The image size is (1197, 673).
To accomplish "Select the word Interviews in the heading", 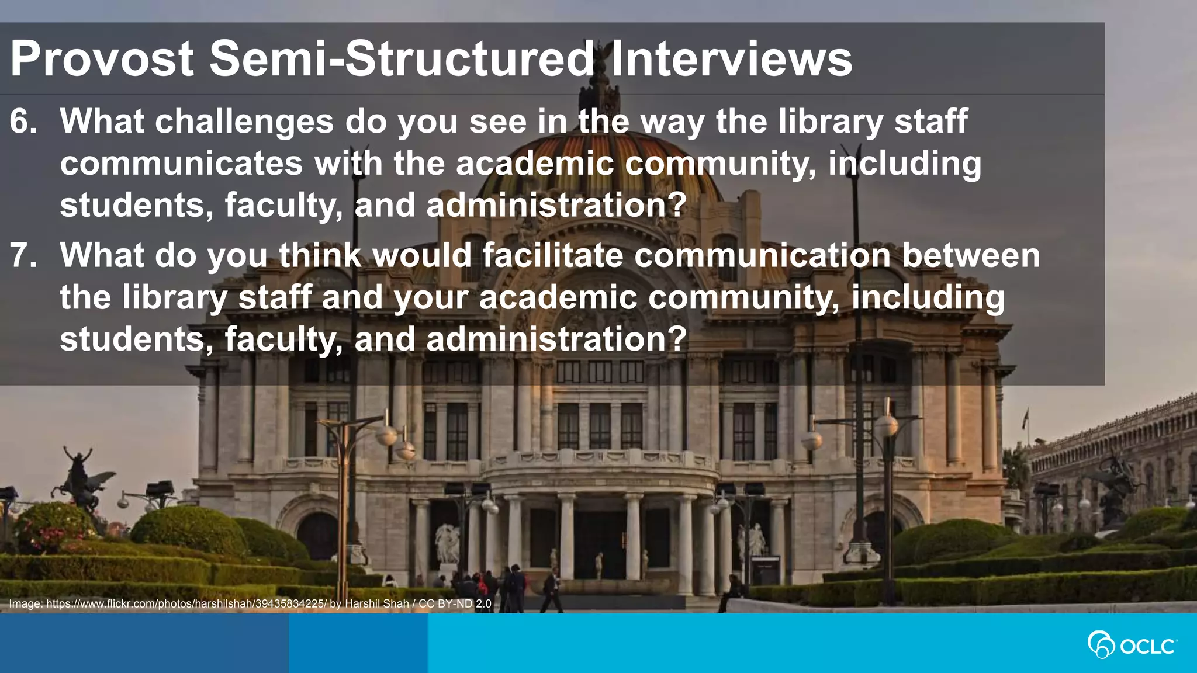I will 731,58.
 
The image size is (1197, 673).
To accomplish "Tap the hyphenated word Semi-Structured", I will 402,58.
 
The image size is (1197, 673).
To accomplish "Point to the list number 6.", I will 23,122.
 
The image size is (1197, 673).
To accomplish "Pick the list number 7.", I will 23,255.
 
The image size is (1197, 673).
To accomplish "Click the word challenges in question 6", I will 244,122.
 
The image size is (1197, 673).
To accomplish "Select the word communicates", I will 181,163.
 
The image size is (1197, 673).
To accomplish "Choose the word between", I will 971,255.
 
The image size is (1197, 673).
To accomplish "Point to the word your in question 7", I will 431,297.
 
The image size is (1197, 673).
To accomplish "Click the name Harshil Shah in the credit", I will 377,603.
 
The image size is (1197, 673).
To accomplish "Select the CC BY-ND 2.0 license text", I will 455,603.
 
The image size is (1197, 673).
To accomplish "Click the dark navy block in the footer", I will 144,643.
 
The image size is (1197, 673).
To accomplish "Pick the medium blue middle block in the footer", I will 358,643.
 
